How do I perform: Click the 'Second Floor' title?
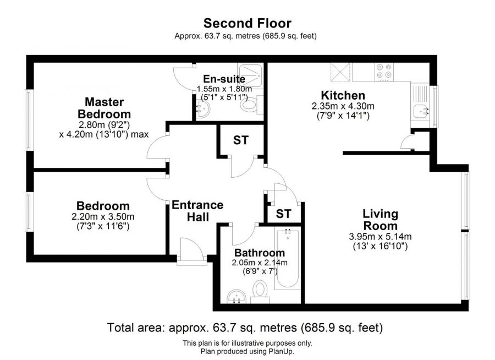click(247, 23)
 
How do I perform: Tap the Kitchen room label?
click(343, 95)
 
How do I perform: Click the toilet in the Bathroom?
click(260, 291)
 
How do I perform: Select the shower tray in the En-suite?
click(250, 76)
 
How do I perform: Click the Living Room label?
click(381, 220)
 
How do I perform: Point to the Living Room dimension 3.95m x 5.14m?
click(380, 236)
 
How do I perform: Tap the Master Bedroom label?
click(104, 108)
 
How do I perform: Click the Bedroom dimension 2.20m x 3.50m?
click(103, 216)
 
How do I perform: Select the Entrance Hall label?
click(197, 211)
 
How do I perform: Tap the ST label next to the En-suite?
click(241, 140)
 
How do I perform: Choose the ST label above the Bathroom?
click(283, 214)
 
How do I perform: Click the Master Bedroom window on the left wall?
click(29, 120)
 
